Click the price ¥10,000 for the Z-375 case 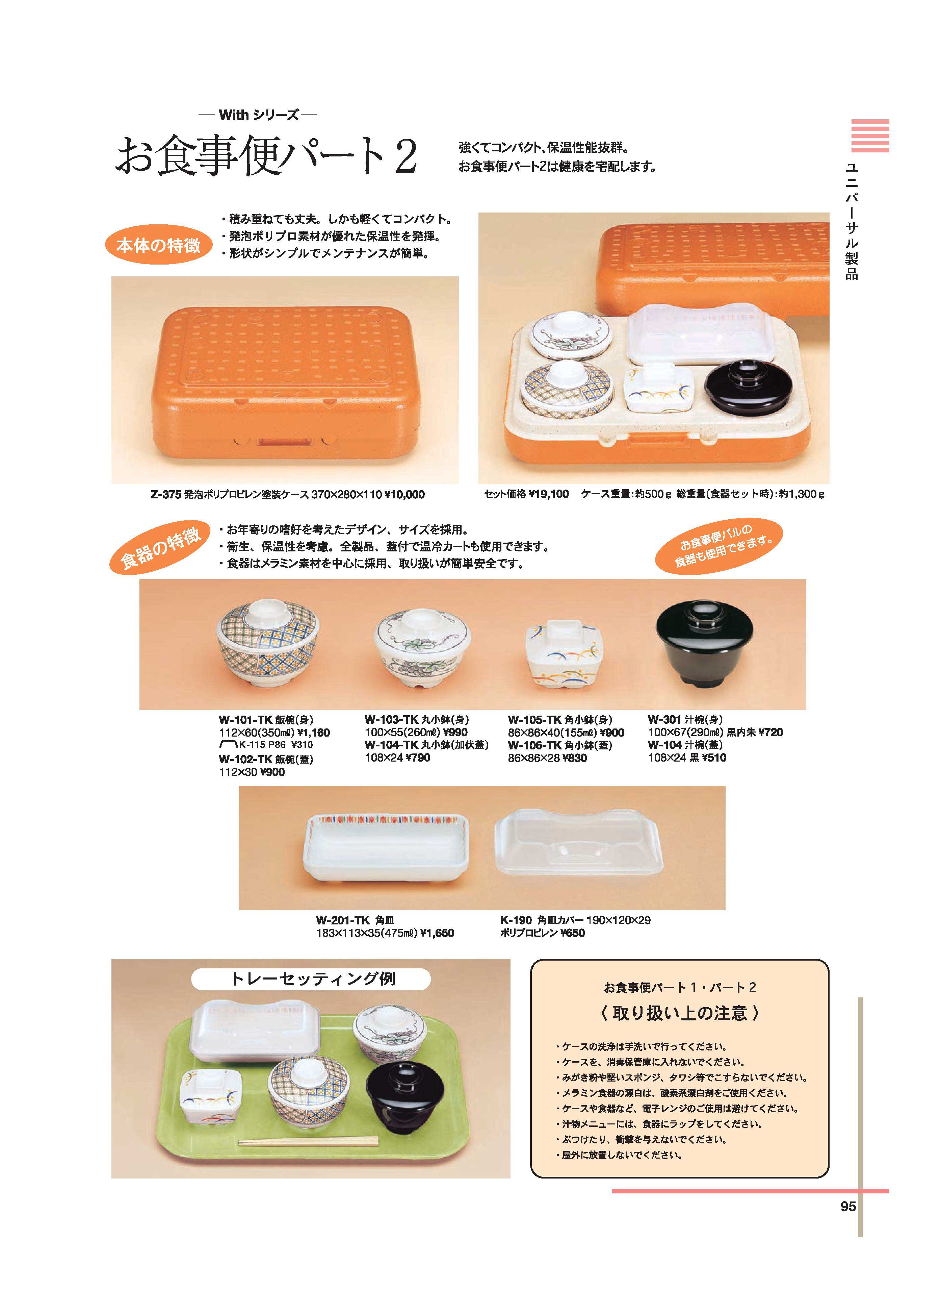pyautogui.click(x=404, y=495)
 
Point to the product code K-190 pyautogui.click(x=516, y=920)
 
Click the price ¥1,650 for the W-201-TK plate pyautogui.click(x=438, y=933)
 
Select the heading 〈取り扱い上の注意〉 pyautogui.click(x=680, y=1013)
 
